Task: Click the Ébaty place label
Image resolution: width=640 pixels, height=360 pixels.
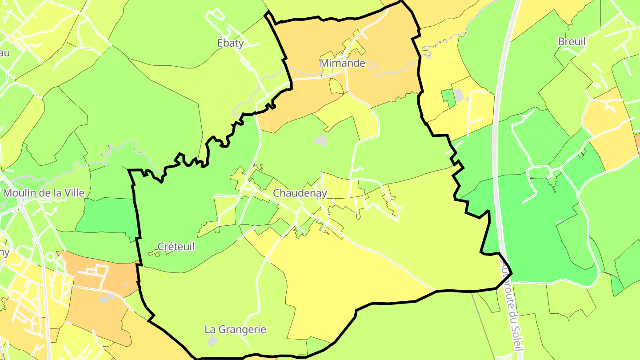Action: click(230, 43)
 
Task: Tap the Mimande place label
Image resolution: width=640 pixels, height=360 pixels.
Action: click(342, 63)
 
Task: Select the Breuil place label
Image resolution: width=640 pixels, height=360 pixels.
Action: click(572, 42)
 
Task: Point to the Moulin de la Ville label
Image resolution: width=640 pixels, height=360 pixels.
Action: click(44, 193)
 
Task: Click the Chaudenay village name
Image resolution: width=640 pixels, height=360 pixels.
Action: click(300, 193)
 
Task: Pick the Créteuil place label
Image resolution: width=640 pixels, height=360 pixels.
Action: click(176, 247)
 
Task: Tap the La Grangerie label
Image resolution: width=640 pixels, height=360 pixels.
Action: click(235, 330)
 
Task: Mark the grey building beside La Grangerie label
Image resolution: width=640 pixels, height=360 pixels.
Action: click(212, 341)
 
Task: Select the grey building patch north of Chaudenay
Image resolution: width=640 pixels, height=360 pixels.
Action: click(320, 141)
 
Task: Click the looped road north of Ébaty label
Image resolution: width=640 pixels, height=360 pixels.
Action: click(216, 16)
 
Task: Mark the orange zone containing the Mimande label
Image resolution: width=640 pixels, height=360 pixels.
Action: click(382, 49)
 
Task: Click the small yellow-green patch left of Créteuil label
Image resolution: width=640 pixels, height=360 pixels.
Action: click(153, 253)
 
